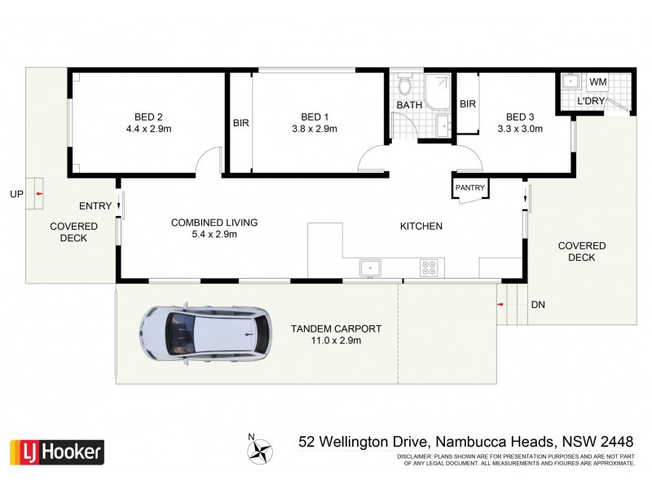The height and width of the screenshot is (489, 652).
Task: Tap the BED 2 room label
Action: pyautogui.click(x=148, y=115)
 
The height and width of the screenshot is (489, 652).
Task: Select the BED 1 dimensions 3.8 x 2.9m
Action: pyautogui.click(x=314, y=128)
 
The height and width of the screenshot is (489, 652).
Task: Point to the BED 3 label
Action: pyautogui.click(x=519, y=115)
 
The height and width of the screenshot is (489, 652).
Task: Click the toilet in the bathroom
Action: pyautogui.click(x=404, y=86)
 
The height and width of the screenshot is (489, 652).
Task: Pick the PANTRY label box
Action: pyautogui.click(x=470, y=188)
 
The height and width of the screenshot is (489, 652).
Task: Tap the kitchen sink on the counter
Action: pyautogui.click(x=369, y=267)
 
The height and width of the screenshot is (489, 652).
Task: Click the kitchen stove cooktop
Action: pyautogui.click(x=428, y=267)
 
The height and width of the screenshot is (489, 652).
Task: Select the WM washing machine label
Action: pyautogui.click(x=597, y=82)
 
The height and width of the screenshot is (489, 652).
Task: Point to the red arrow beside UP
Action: pyautogui.click(x=39, y=194)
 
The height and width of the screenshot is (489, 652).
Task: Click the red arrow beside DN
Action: pyautogui.click(x=500, y=305)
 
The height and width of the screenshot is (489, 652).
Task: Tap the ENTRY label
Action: pyautogui.click(x=95, y=206)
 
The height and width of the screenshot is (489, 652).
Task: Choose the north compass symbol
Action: pyautogui.click(x=260, y=449)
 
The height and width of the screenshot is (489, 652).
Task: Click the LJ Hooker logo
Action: pyautogui.click(x=55, y=450)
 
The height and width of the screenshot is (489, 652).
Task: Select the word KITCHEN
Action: pyautogui.click(x=421, y=226)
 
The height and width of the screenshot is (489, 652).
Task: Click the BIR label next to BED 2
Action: pyautogui.click(x=240, y=123)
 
